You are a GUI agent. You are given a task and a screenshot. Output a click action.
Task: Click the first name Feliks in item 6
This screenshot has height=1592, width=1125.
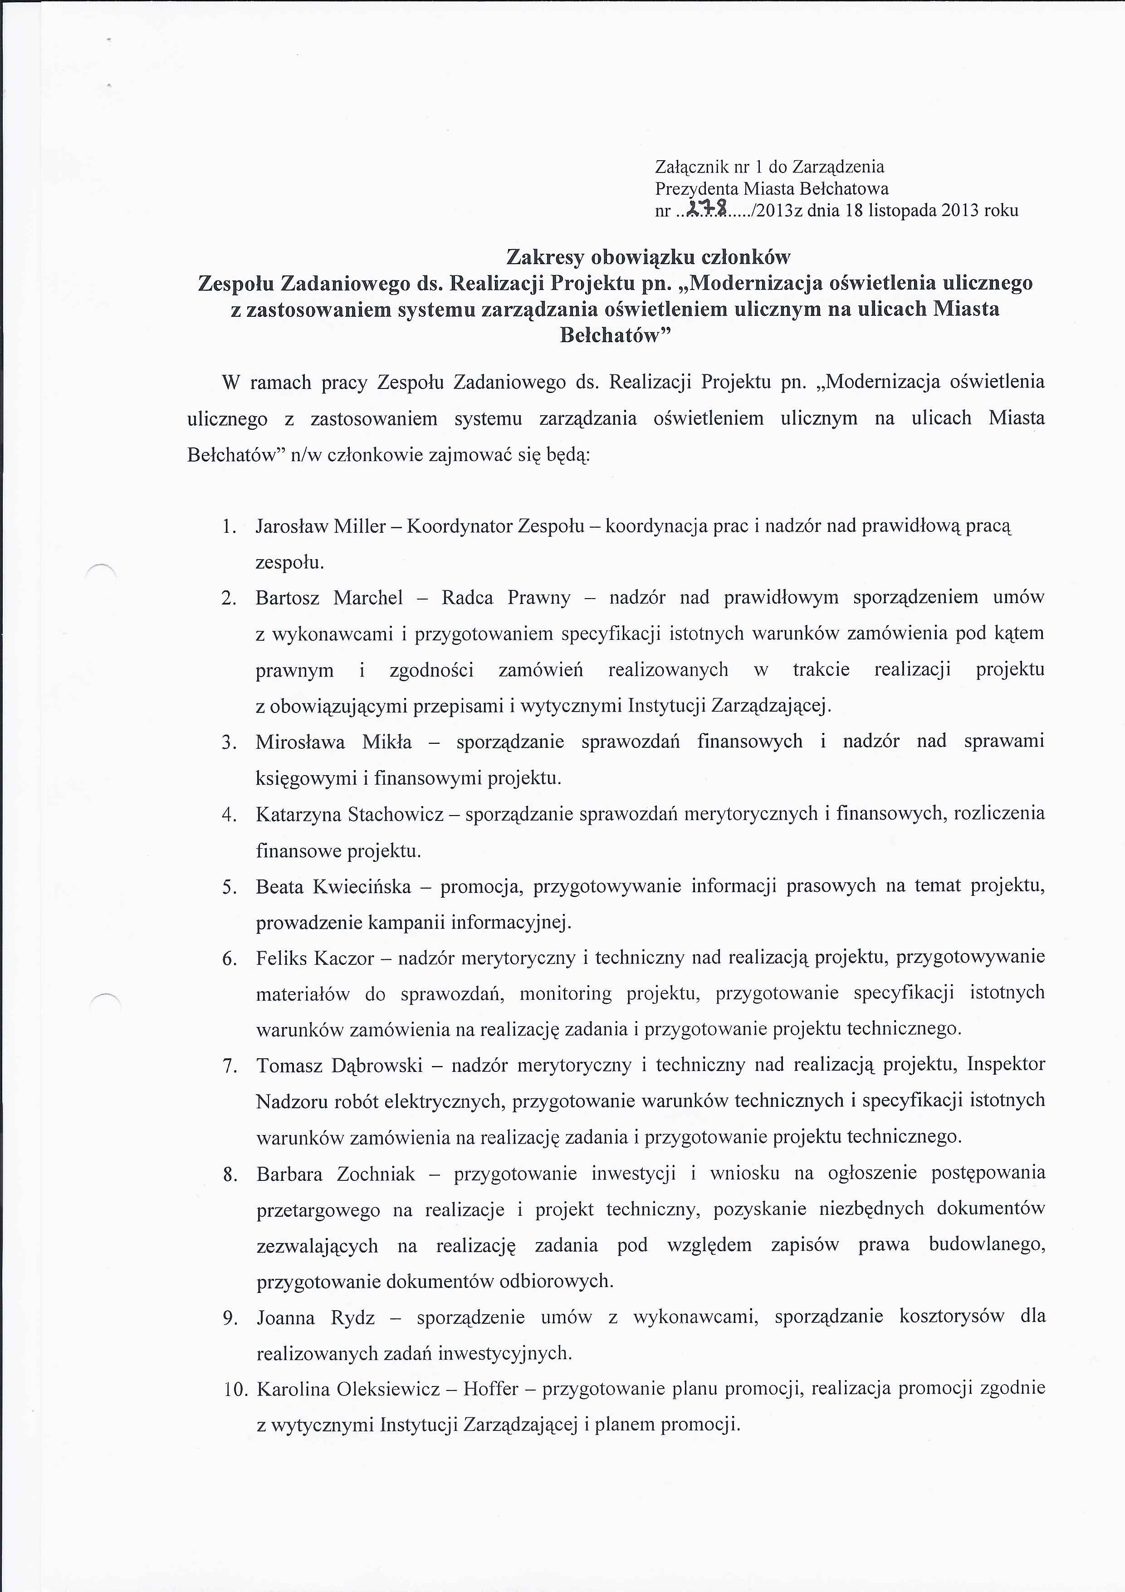(x=281, y=958)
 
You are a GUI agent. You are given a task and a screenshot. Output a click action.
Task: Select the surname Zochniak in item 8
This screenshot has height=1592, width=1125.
(x=376, y=1174)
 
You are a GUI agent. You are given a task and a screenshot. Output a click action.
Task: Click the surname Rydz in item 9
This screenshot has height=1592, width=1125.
(x=353, y=1317)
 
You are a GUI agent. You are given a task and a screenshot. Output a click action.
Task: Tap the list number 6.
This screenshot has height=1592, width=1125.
(x=230, y=959)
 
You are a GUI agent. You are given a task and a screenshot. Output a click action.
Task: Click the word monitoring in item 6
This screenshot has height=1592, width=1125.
(x=566, y=993)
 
